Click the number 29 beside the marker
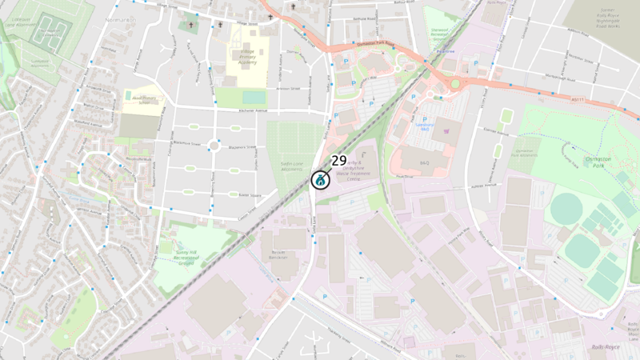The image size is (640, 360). click(x=338, y=160)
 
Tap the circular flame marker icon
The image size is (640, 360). click(x=320, y=179)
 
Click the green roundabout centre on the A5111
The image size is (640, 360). click(x=455, y=83)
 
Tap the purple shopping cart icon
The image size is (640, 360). click(x=446, y=130)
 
